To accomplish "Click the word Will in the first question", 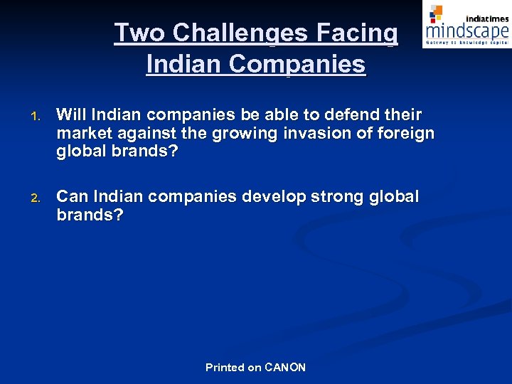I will (x=70, y=114).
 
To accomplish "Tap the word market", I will (x=83, y=133).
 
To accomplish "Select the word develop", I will (x=274, y=196).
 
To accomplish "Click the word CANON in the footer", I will (x=285, y=368).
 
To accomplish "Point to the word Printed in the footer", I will (x=225, y=368).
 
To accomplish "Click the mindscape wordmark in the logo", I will (x=467, y=31).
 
